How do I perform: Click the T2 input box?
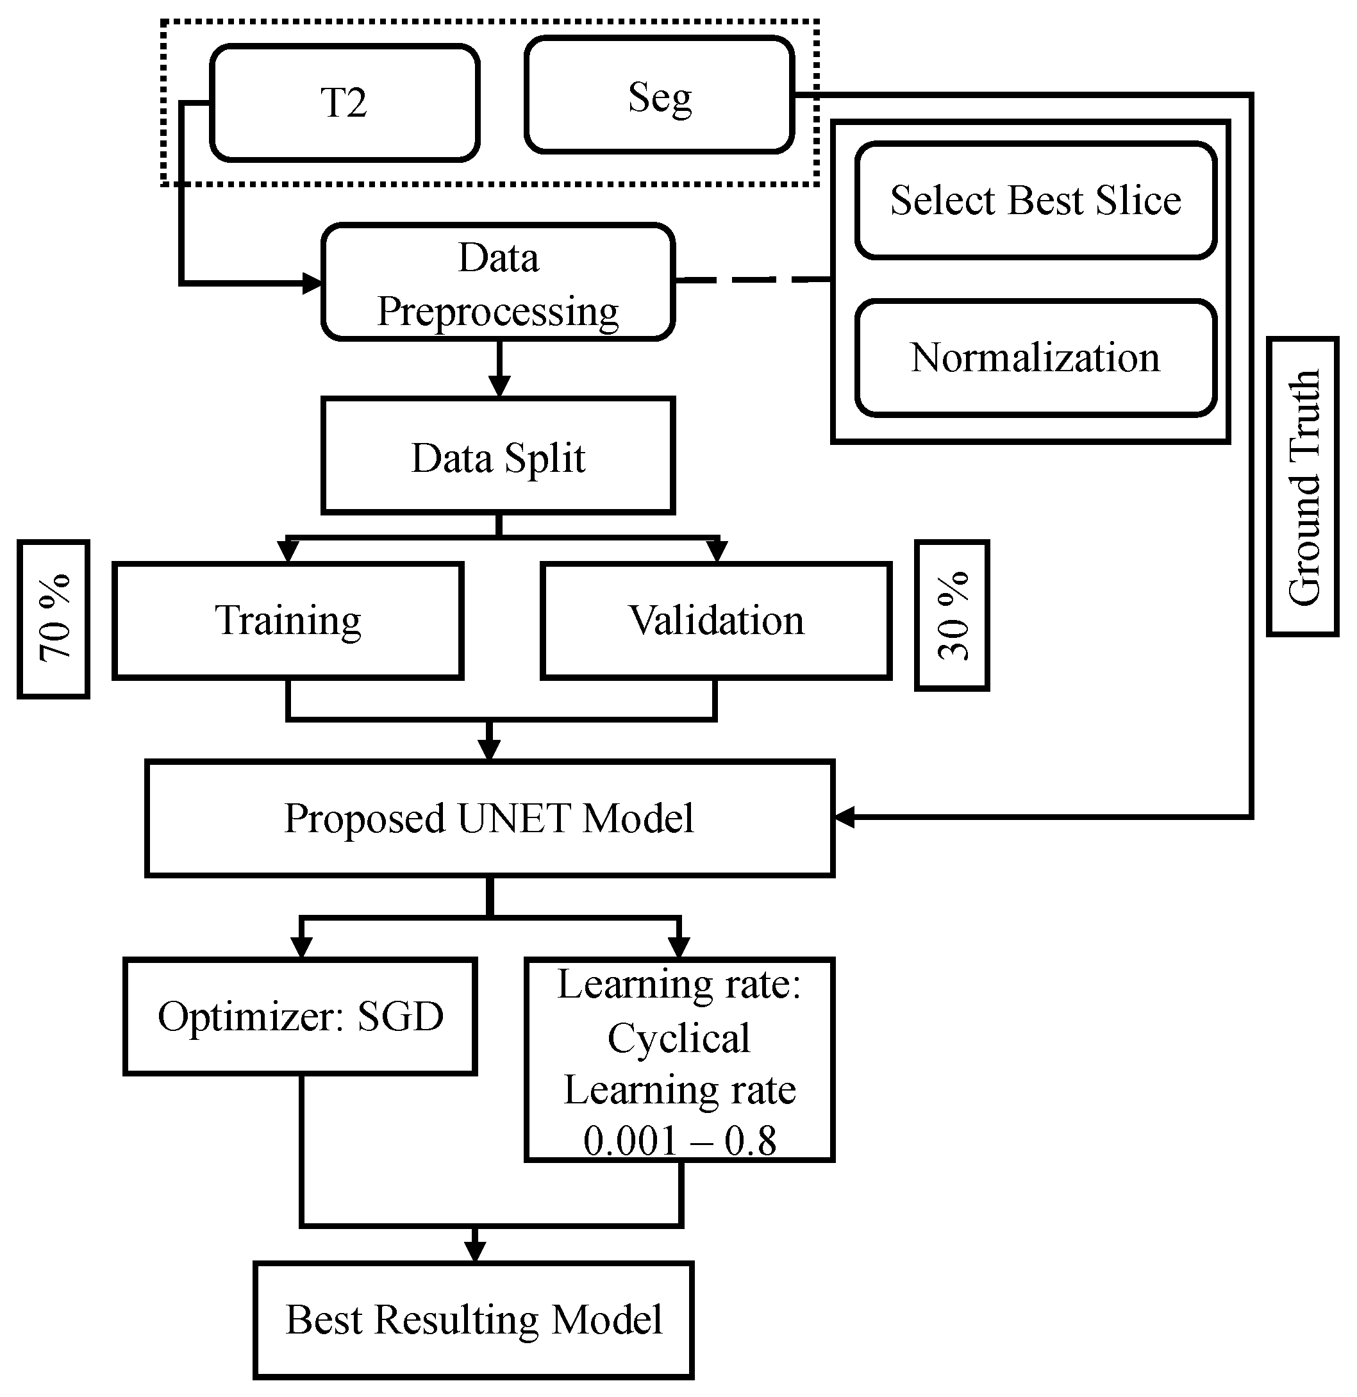(344, 103)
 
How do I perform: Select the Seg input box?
(658, 96)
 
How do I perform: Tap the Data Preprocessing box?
(497, 283)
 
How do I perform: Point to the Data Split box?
(497, 457)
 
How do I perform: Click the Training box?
(288, 620)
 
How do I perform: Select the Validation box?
(715, 620)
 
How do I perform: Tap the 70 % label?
(53, 619)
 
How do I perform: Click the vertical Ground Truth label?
(1303, 487)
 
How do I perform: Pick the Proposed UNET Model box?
(489, 818)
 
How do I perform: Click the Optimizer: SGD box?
(300, 1016)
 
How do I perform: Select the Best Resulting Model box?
(474, 1320)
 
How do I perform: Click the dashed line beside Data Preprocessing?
(752, 280)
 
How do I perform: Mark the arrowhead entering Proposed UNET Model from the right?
(845, 817)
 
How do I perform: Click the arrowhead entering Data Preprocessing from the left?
(312, 283)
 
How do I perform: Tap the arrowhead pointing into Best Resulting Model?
(475, 1251)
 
